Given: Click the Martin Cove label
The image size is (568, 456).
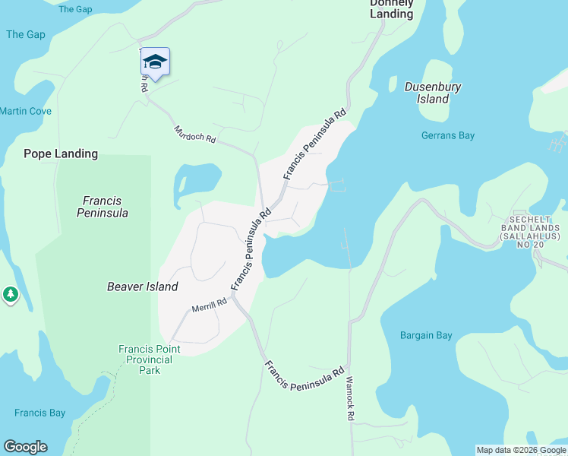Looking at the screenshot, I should [x=26, y=111].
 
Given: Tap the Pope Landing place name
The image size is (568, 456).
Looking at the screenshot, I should [x=61, y=154].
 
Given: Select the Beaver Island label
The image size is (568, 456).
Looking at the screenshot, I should [x=142, y=287].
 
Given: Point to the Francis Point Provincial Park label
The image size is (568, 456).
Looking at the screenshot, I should [x=150, y=359].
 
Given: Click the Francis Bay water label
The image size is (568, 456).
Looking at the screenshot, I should [x=39, y=413].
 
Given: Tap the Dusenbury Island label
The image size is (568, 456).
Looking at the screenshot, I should [x=433, y=93].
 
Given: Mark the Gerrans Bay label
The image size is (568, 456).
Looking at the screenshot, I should [x=447, y=135].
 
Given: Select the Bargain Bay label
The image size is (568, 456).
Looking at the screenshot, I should [x=426, y=335].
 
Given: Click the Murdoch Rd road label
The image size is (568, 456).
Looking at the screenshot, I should [x=195, y=135].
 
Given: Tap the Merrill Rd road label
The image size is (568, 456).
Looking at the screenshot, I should [x=210, y=305].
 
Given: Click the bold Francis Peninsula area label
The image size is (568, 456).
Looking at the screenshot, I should [x=103, y=207].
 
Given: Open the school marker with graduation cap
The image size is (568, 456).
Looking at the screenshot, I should [x=155, y=63].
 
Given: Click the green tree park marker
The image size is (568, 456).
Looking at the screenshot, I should [x=10, y=294].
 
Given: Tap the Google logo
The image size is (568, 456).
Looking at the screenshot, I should [x=25, y=447].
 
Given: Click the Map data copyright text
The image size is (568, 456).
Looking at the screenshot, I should [x=521, y=450].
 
